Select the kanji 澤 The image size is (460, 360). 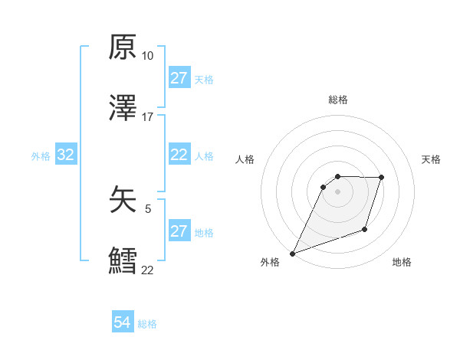(x=123, y=106)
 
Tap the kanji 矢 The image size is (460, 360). (x=123, y=201)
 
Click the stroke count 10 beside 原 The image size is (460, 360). (x=147, y=56)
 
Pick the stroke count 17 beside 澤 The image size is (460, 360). (x=147, y=116)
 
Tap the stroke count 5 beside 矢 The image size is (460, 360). (x=147, y=208)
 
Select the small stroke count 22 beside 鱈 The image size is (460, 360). (x=147, y=269)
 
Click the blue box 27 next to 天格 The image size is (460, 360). (x=179, y=78)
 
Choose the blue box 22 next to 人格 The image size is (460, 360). (x=179, y=155)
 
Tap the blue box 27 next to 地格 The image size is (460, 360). (x=179, y=231)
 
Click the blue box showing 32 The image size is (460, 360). (x=66, y=155)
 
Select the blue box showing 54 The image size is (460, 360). (x=123, y=322)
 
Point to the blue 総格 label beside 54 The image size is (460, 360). (x=147, y=324)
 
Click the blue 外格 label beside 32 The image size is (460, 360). (x=41, y=156)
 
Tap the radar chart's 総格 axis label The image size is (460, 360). (x=338, y=100)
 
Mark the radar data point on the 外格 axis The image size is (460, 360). (x=292, y=253)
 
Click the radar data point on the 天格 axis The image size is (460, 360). (x=382, y=178)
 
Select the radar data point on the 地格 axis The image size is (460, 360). (x=366, y=230)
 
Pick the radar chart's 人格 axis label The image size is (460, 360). (x=245, y=159)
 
